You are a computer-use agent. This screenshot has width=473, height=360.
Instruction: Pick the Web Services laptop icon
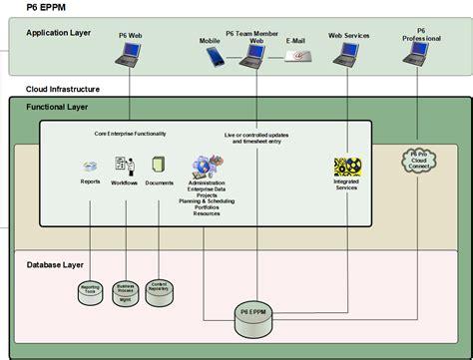348,57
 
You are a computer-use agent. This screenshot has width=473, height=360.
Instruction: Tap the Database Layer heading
55,264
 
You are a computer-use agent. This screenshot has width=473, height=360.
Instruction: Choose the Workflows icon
125,166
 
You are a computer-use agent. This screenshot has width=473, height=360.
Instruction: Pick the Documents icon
158,165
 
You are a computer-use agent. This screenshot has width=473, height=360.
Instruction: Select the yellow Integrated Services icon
347,167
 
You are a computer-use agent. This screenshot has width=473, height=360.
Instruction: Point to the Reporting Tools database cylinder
91,292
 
